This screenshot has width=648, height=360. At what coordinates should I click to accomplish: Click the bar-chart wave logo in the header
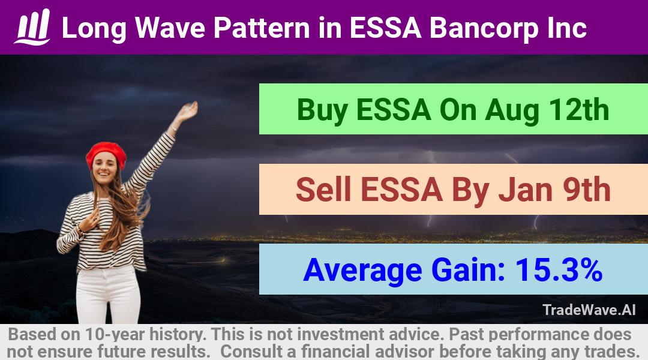32,27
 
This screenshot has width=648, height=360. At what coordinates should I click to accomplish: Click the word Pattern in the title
262,28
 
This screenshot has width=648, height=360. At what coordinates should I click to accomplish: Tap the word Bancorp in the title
484,29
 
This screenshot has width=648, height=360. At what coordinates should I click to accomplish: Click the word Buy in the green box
322,110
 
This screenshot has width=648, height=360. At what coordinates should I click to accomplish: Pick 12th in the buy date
578,109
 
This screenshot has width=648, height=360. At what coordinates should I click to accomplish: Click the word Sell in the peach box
323,190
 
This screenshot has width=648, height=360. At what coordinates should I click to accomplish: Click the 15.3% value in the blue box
559,269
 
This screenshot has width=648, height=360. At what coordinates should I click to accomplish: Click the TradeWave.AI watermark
589,310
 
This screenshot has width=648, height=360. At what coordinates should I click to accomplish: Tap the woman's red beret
106,154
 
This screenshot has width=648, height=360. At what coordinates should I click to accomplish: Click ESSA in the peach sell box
401,190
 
